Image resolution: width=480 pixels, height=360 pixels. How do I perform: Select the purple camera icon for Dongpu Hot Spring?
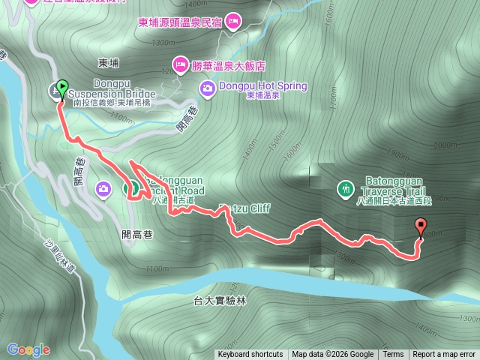pos(206,89)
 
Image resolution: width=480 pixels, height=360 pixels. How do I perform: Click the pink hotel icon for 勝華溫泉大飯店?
pos(180,65)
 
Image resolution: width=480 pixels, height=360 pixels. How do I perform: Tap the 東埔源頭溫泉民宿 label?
pos(180,22)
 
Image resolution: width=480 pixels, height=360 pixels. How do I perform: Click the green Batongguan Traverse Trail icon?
pos(345,188)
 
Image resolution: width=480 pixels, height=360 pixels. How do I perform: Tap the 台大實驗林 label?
pos(220,300)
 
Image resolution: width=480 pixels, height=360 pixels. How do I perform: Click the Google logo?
pos(28,349)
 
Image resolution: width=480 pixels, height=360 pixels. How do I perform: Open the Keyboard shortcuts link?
pos(250,355)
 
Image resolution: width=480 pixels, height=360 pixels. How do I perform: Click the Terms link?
pos(393,355)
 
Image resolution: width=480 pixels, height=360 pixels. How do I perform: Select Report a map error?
pos(444,355)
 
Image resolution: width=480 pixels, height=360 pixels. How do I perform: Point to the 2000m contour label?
pos(444,145)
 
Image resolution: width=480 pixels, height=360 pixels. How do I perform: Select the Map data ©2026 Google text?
pos(332,355)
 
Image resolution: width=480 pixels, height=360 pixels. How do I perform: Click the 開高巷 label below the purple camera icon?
pos(137,235)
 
